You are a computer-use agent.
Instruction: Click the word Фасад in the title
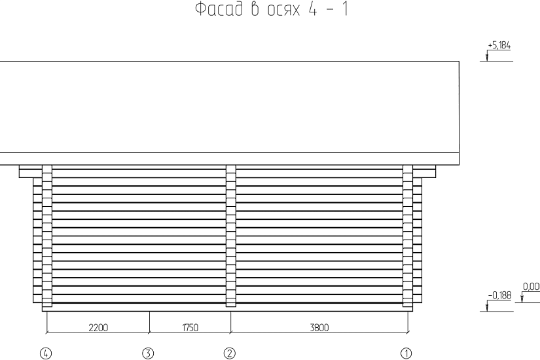coord(219,9)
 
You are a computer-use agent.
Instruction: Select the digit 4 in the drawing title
coord(313,9)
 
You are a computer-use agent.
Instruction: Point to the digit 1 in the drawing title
coord(345,9)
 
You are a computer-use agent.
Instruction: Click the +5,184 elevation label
coord(499,45)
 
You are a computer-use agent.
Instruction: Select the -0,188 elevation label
coord(499,295)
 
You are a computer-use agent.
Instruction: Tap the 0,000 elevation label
coord(531,286)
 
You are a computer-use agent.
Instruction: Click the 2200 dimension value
coord(98,327)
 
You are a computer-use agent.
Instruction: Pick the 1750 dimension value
coord(190,327)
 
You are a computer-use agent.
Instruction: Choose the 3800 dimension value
coord(319,327)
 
